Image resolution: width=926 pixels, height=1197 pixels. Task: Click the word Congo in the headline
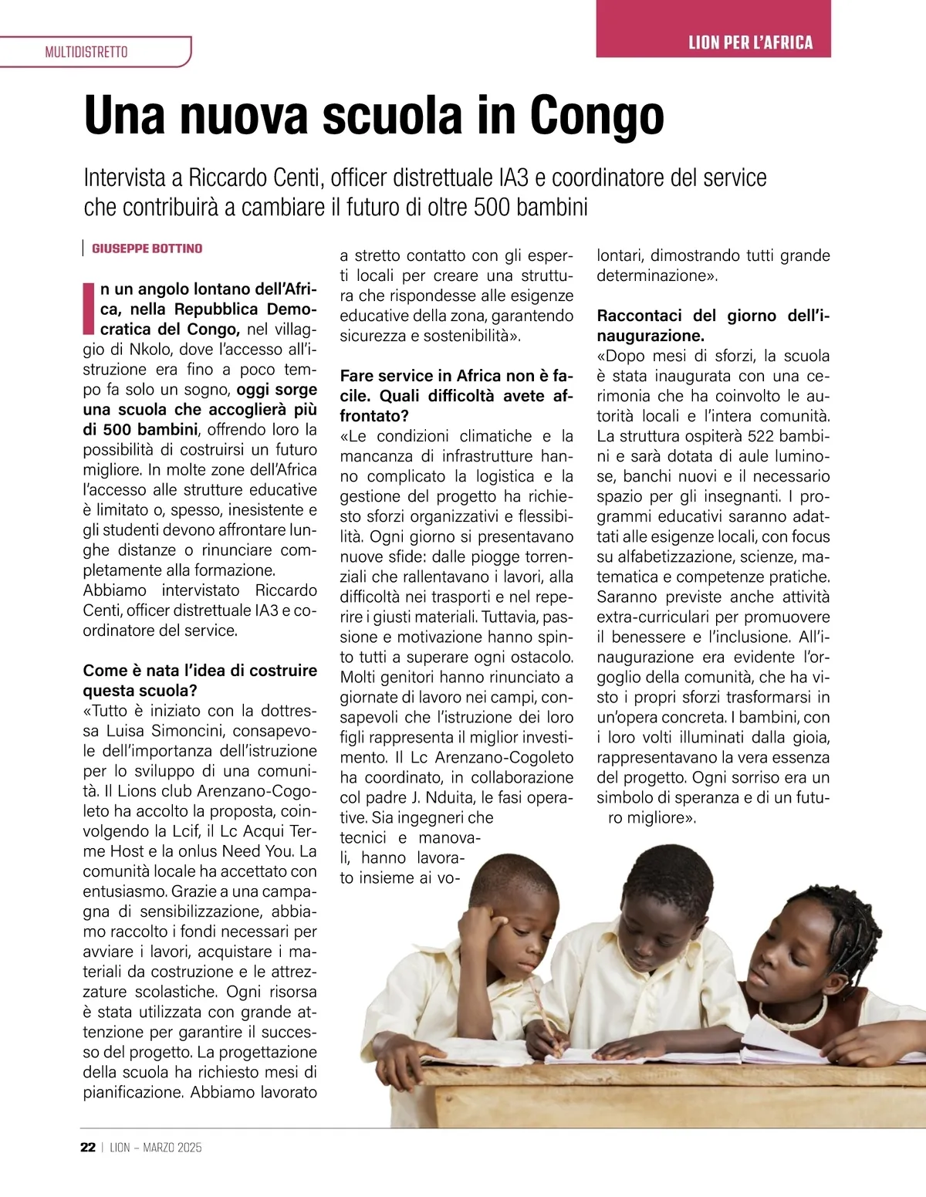(596, 116)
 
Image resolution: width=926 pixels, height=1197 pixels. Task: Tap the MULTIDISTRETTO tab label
(86, 52)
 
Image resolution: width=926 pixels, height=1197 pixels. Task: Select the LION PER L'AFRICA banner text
(750, 42)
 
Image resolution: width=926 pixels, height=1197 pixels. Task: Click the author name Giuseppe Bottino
(147, 249)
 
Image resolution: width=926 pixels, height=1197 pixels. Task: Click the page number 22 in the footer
(87, 1148)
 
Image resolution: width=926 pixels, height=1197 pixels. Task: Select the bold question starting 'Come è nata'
(200, 680)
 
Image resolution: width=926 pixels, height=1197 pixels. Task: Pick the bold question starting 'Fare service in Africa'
(456, 396)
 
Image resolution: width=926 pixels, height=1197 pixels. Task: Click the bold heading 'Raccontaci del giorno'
(713, 325)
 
